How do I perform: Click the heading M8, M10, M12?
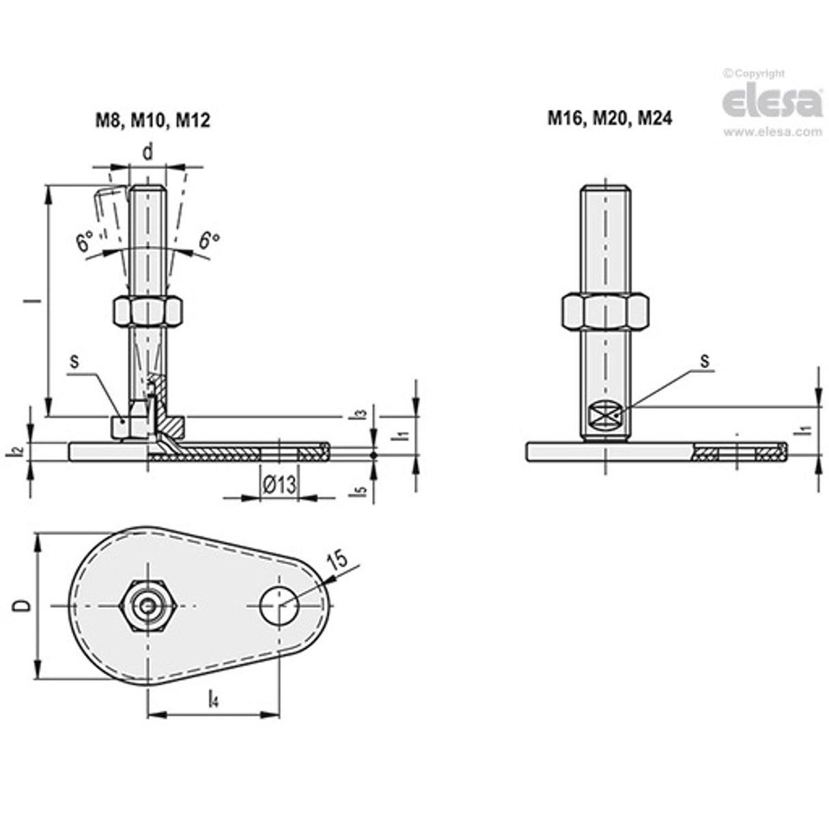[x=152, y=121]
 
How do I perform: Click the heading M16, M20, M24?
[x=609, y=118]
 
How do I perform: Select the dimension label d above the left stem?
[x=147, y=153]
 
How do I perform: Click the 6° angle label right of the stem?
[x=209, y=240]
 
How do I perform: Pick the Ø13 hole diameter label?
[x=279, y=486]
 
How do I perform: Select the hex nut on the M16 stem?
[x=604, y=311]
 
